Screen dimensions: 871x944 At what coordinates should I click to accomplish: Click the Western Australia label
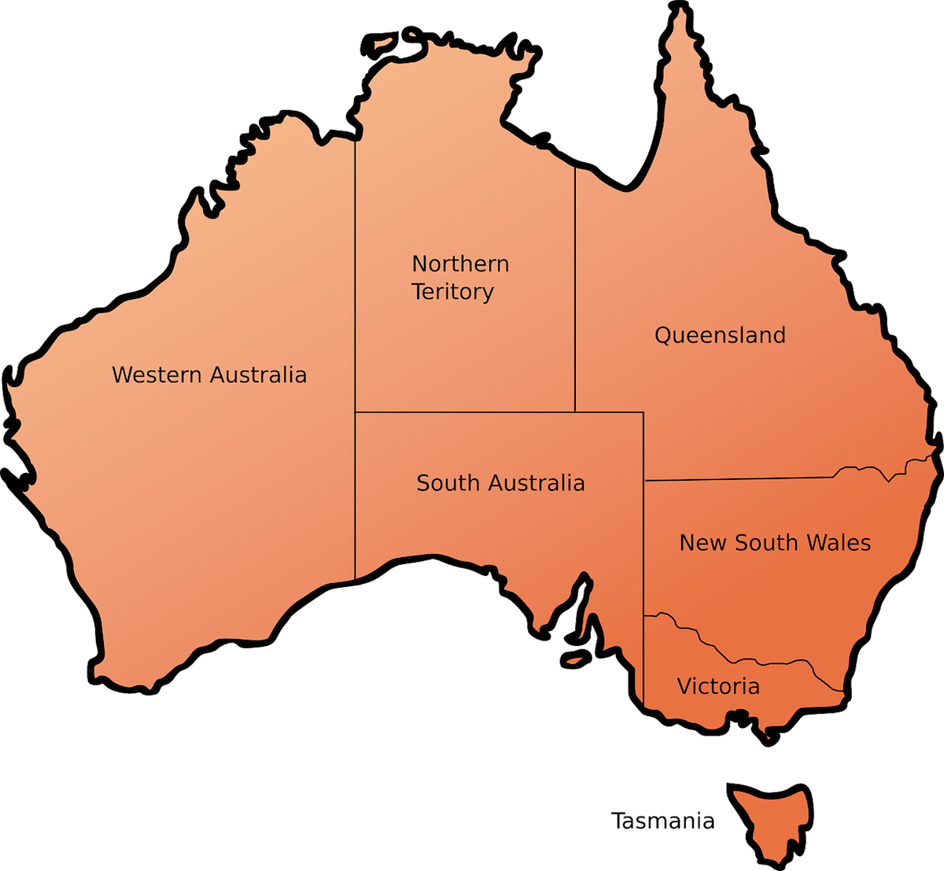(x=208, y=374)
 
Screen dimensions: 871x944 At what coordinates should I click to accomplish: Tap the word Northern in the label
(x=460, y=264)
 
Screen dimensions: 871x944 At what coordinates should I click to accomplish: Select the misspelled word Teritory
(x=452, y=292)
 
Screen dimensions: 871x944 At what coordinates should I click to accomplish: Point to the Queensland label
(x=720, y=335)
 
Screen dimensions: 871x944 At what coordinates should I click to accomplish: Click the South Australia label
(x=500, y=482)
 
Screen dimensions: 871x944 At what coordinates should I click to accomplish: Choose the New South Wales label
(x=775, y=542)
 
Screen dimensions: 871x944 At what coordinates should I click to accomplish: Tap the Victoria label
(x=718, y=686)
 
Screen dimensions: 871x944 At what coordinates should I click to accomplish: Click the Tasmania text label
(x=662, y=822)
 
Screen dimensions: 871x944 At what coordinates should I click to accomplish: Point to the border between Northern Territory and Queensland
(x=575, y=291)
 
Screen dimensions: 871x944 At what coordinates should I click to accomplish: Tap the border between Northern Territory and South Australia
(x=464, y=412)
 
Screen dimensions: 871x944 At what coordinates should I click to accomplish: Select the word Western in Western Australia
(x=157, y=374)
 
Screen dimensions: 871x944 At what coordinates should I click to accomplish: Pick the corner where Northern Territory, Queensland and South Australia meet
(x=575, y=412)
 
